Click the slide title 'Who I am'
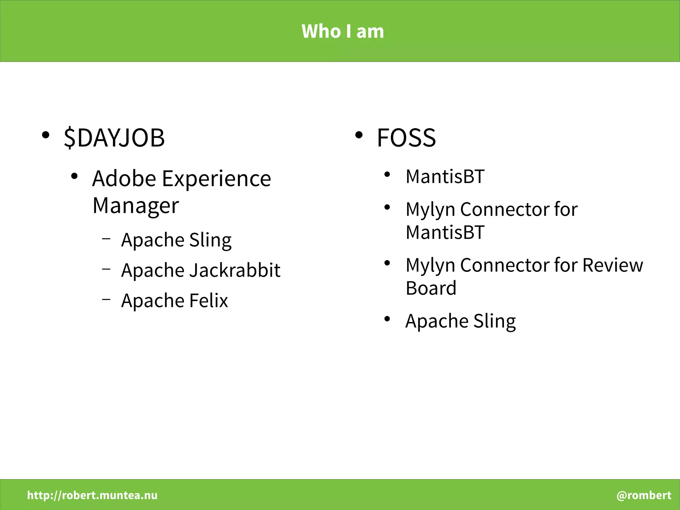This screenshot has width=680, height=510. (x=343, y=31)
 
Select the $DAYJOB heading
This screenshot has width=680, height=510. (x=114, y=138)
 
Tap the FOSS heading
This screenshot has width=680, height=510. (x=406, y=138)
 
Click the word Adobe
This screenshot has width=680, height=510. (x=124, y=178)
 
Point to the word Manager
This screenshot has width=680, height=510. (x=135, y=206)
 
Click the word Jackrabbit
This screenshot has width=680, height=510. (x=235, y=270)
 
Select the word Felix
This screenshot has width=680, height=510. (x=209, y=300)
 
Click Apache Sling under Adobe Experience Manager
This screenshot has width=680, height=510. (x=176, y=240)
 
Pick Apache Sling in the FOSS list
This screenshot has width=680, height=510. (x=461, y=321)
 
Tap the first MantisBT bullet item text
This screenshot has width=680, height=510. (x=445, y=176)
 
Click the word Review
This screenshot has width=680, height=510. (x=613, y=265)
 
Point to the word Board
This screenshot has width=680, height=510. (x=431, y=288)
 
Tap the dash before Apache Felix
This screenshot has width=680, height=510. (x=106, y=299)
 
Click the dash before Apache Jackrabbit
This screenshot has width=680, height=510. (x=106, y=268)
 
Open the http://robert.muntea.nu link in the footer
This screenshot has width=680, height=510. (x=92, y=495)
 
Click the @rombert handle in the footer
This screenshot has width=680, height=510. (x=643, y=495)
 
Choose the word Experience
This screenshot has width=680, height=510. (x=216, y=178)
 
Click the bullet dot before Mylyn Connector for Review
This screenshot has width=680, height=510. (x=387, y=263)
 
